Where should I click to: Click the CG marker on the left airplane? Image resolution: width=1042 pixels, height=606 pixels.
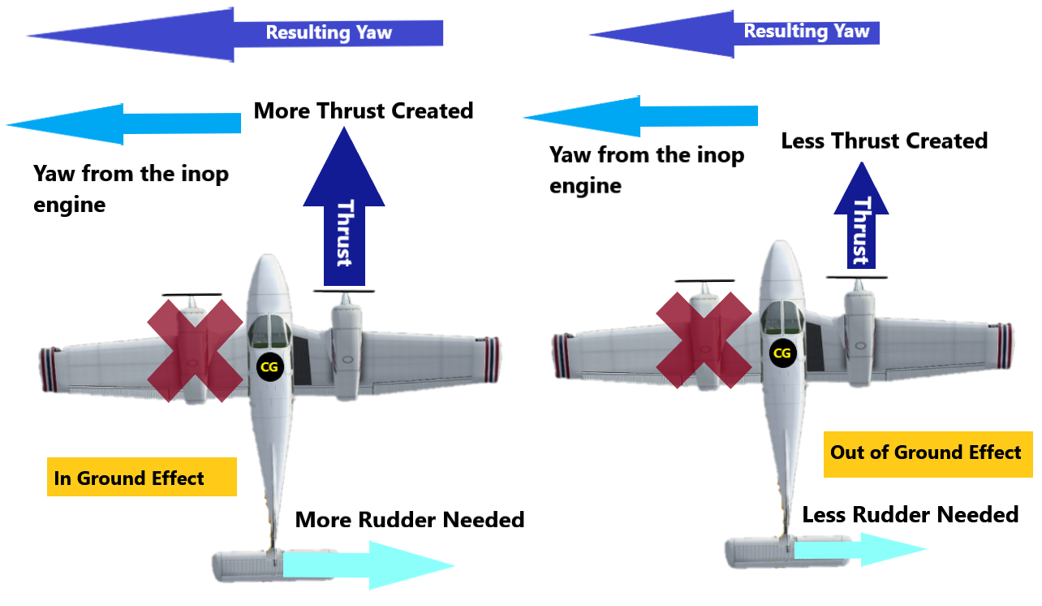click(x=268, y=367)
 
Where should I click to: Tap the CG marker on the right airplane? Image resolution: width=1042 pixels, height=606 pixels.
click(x=781, y=353)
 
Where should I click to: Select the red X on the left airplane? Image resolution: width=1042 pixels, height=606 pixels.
click(x=196, y=350)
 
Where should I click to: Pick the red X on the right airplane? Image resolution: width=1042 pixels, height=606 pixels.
click(x=703, y=340)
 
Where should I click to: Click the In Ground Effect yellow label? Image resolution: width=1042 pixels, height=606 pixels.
click(x=141, y=478)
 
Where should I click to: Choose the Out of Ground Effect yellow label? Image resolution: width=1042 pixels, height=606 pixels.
click(x=928, y=452)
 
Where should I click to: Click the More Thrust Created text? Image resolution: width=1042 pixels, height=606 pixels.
click(x=363, y=110)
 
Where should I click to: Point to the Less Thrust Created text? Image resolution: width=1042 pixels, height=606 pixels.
click(x=884, y=141)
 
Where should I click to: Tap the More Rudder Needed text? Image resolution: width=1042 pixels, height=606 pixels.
click(x=410, y=520)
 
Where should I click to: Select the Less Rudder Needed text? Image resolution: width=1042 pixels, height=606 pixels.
click(x=910, y=515)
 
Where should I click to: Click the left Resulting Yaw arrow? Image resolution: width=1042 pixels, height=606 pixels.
click(x=235, y=34)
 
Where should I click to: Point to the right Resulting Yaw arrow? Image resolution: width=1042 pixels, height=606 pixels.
click(x=734, y=33)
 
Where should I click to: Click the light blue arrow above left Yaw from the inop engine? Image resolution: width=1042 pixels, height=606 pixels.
click(x=125, y=123)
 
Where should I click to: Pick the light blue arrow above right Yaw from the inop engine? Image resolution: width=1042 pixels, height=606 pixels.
click(x=641, y=116)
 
